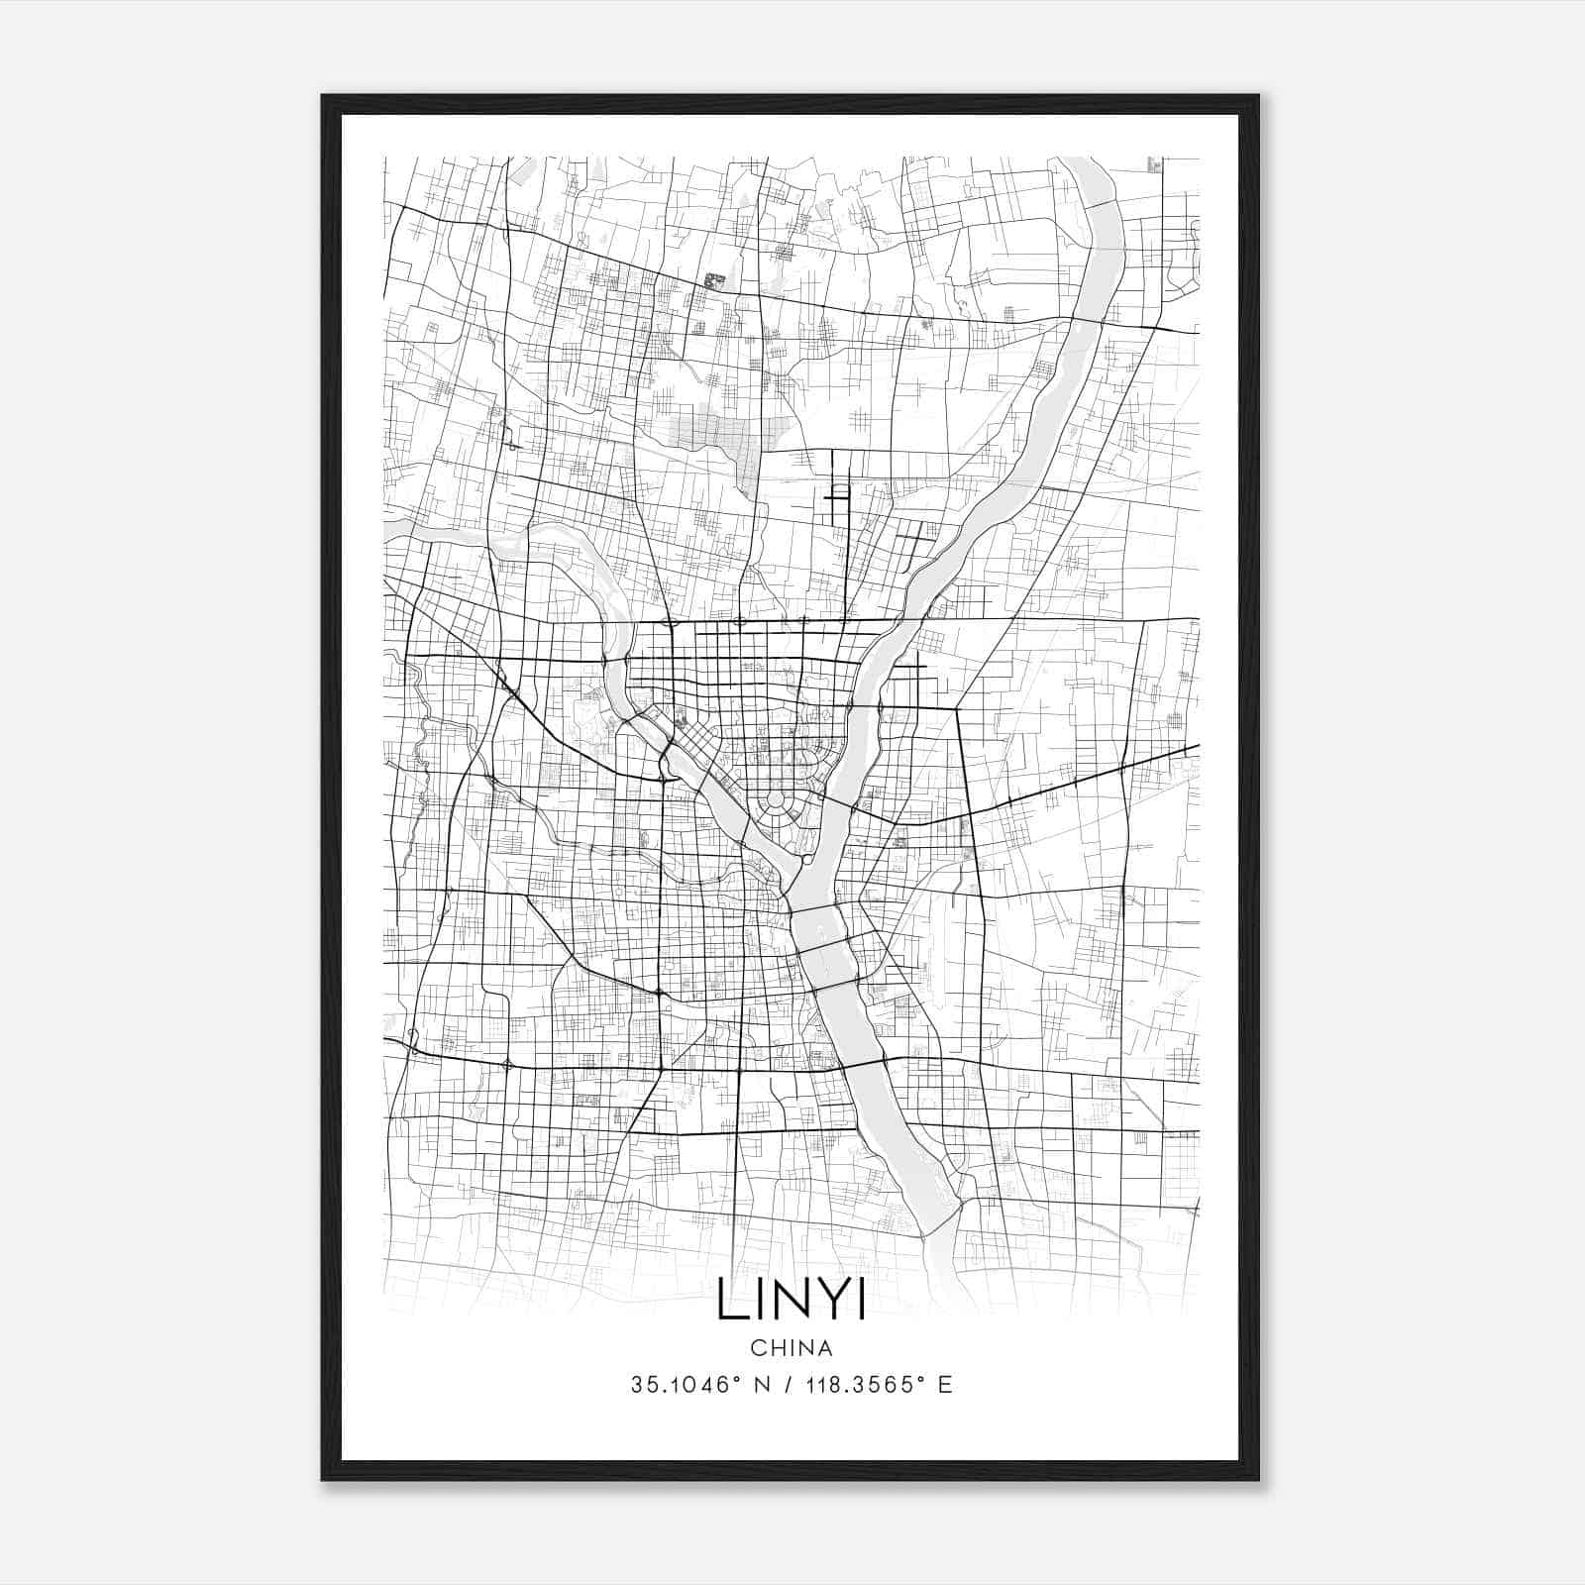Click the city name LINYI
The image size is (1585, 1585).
pyautogui.click(x=791, y=1301)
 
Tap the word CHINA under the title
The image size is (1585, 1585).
pyautogui.click(x=791, y=1348)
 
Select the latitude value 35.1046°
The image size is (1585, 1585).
pyautogui.click(x=687, y=1385)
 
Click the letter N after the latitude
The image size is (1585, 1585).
pyautogui.click(x=761, y=1385)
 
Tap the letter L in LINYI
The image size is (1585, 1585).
pyautogui.click(x=731, y=1301)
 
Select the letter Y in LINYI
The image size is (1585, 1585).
pyautogui.click(x=828, y=1301)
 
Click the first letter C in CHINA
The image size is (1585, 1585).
pyautogui.click(x=757, y=1348)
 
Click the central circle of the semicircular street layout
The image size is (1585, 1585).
pyautogui.click(x=776, y=798)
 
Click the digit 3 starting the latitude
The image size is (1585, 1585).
pyautogui.click(x=636, y=1385)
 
